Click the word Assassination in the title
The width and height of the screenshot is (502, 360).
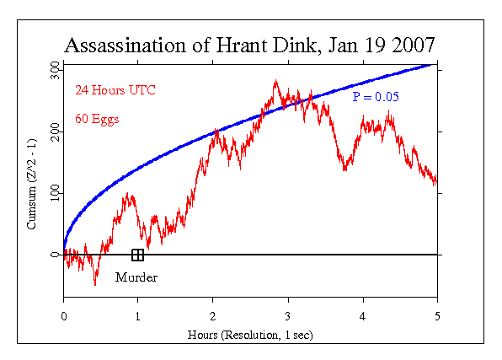pos(125,46)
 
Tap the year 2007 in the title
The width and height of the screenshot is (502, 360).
pos(414,46)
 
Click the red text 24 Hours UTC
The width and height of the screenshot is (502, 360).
pos(115,90)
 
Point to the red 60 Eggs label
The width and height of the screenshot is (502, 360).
pos(97,119)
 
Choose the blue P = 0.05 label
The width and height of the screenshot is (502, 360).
pos(376,97)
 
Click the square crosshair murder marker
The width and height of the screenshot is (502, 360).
pos(137,255)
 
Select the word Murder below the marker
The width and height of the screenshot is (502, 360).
pos(136,277)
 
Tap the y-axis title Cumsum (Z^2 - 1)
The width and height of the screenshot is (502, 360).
pos(31,184)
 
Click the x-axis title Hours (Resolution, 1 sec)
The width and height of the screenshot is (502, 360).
pos(250,335)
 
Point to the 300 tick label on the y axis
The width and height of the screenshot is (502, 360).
pos(55,70)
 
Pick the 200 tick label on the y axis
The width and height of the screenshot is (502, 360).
pos(55,132)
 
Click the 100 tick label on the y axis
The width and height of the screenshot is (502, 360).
pos(55,193)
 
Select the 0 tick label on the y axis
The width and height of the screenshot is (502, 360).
pos(55,255)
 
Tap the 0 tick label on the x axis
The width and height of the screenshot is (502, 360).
pos(64,316)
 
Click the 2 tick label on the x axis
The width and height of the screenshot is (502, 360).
pos(212,316)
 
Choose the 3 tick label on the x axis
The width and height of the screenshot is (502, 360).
pos(288,316)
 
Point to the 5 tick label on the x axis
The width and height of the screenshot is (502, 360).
pos(437,316)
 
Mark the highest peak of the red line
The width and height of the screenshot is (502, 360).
pos(276,80)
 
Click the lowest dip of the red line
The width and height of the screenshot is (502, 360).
pos(95,285)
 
